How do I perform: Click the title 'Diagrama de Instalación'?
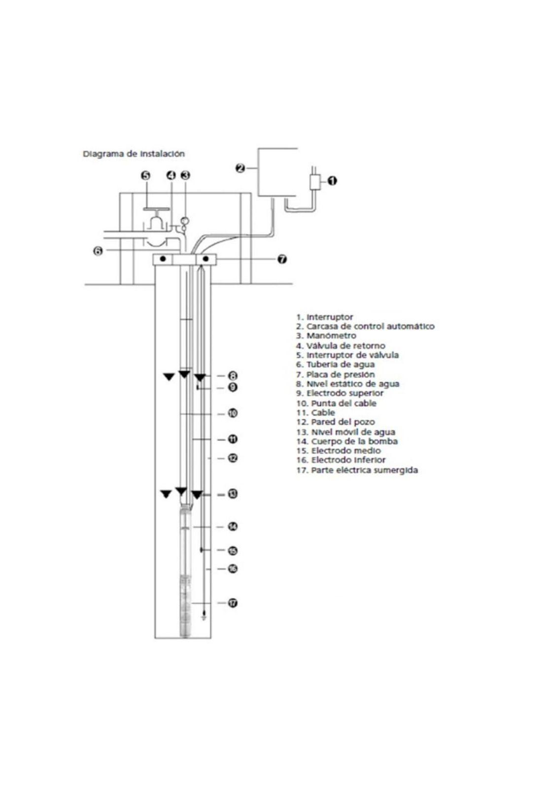click(134, 154)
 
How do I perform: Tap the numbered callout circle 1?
click(332, 181)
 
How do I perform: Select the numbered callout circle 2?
click(240, 168)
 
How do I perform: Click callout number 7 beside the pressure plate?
click(282, 259)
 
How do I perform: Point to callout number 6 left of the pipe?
click(98, 251)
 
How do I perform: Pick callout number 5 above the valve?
click(146, 175)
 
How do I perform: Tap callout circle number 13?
click(233, 494)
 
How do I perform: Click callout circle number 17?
click(233, 603)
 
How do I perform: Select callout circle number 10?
click(233, 413)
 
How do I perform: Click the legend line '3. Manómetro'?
click(326, 336)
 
